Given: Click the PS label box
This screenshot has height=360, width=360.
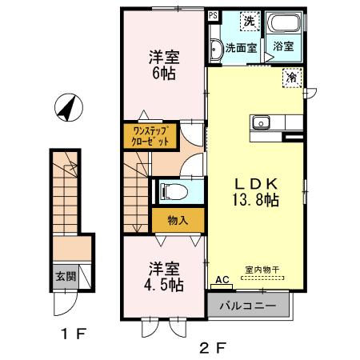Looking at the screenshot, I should click(x=213, y=15).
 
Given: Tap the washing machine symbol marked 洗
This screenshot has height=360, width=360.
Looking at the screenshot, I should click(x=250, y=22).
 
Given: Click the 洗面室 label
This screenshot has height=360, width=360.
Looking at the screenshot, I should click(x=240, y=47).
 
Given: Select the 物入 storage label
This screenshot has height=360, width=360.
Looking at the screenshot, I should click(x=178, y=220).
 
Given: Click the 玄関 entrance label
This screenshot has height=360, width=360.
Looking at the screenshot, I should click(x=66, y=277).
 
